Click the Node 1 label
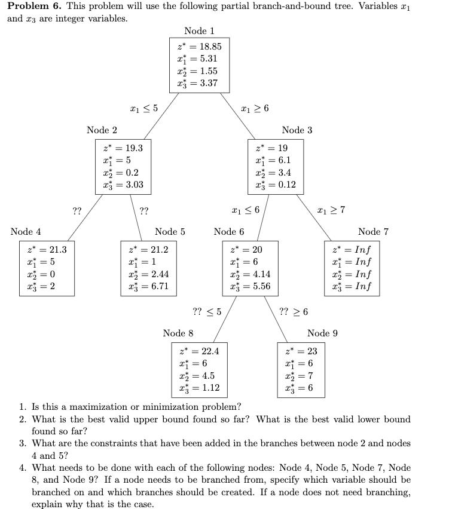pyautogui.click(x=199, y=31)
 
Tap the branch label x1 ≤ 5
pyautogui.click(x=144, y=108)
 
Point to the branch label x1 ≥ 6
pyautogui.click(x=255, y=108)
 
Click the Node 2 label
pyautogui.click(x=102, y=130)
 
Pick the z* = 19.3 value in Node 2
pyautogui.click(x=123, y=147)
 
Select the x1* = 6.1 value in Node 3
pyautogui.click(x=273, y=160)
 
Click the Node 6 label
pyautogui.click(x=229, y=231)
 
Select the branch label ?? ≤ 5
pyautogui.click(x=207, y=311)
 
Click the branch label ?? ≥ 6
pyautogui.click(x=294, y=311)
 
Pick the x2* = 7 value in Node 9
pyautogui.click(x=298, y=376)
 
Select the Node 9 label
pyautogui.click(x=322, y=333)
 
